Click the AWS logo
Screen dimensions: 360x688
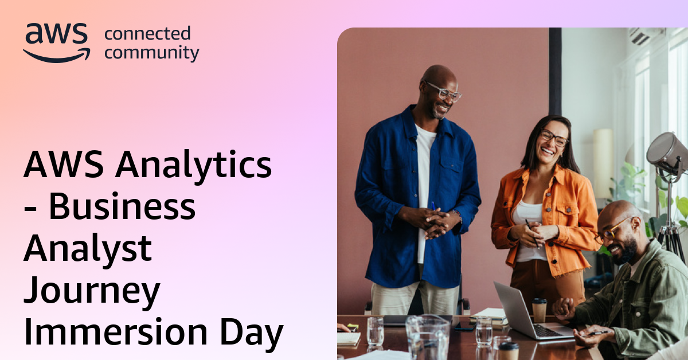pos(56,42)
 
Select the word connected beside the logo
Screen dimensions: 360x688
pos(147,34)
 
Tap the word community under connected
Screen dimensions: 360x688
pos(152,53)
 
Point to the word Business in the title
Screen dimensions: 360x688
pos(122,208)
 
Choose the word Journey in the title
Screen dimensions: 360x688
pos(92,291)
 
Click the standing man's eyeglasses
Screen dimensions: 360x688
pos(443,92)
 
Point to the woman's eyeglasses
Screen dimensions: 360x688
pos(554,138)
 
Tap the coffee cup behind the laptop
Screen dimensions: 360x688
pos(540,310)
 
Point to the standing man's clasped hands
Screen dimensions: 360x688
pos(432,221)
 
